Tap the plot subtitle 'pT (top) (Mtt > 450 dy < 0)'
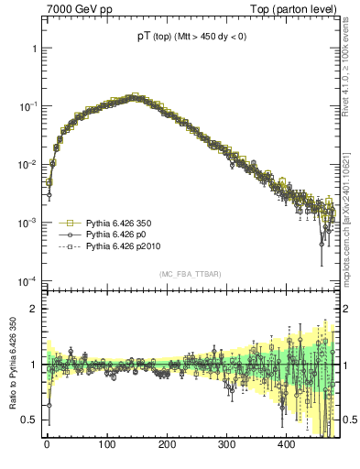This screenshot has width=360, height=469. tap(192, 37)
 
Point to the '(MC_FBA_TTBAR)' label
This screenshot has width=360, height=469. tap(191, 274)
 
